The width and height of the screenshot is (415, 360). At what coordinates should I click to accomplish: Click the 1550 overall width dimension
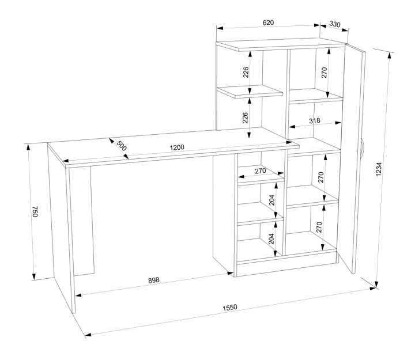point(230,308)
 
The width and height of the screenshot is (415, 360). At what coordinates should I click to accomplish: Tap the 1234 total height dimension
point(379,169)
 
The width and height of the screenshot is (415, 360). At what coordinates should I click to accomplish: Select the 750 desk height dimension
point(35,211)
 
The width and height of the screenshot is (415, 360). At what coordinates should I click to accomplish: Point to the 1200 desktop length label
point(177,147)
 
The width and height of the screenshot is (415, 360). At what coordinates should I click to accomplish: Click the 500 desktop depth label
point(122,146)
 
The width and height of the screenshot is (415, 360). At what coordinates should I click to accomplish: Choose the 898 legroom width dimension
point(153,280)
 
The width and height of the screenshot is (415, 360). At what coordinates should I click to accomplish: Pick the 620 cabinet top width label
point(268,22)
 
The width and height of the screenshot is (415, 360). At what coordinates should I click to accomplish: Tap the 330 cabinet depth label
point(334,24)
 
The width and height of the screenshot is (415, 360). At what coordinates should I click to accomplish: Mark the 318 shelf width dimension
point(315,121)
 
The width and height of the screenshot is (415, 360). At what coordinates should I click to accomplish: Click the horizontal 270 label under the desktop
point(261,171)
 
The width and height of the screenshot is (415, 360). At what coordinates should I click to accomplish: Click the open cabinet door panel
point(352,159)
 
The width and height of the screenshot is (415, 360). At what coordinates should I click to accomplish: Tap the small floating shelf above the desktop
point(250,92)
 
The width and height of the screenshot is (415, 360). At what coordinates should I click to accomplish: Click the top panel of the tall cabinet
point(281,44)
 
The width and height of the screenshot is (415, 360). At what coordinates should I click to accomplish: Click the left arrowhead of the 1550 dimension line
point(88,335)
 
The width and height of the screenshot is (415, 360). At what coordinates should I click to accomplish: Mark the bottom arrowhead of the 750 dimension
point(33,276)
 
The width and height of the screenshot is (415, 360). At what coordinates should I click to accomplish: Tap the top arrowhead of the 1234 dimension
point(389,56)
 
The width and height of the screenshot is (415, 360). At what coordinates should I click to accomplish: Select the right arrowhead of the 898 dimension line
point(231,273)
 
